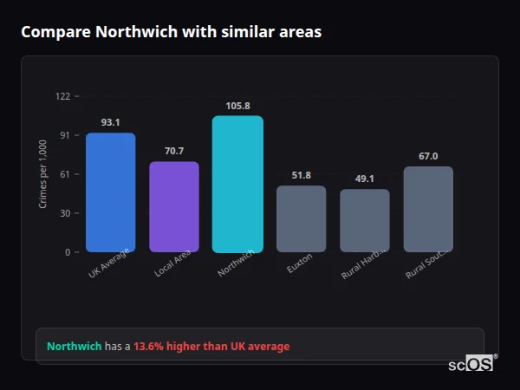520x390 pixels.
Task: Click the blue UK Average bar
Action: click(110, 192)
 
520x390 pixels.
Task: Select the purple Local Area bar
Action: click(174, 207)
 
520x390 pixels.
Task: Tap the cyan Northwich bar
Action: click(237, 184)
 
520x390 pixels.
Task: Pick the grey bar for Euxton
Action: click(301, 219)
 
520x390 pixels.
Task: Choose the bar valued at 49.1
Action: click(365, 221)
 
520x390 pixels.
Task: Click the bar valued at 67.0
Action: click(428, 210)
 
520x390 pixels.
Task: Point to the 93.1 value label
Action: click(110, 122)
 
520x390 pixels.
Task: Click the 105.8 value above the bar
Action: click(237, 106)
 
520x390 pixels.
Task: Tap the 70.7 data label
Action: click(174, 151)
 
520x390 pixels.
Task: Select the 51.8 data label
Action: click(301, 175)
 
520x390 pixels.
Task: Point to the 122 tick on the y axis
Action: click(62, 96)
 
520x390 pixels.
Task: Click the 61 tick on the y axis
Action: click(65, 174)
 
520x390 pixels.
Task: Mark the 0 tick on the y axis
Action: click(68, 252)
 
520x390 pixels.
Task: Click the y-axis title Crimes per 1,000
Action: click(43, 174)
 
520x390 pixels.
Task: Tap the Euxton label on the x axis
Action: click(300, 263)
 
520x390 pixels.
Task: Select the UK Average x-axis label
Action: click(109, 263)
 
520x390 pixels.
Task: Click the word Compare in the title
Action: click(55, 32)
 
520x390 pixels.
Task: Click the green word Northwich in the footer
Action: click(75, 347)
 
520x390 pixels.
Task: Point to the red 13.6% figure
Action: click(150, 347)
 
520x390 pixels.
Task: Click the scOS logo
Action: click(471, 364)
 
